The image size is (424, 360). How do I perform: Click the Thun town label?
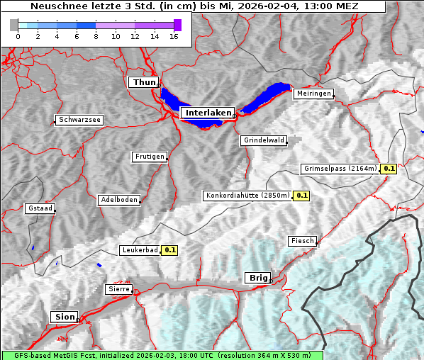(144, 83)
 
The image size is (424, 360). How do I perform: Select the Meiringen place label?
(313, 94)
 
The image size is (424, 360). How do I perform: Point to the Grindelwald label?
(264, 140)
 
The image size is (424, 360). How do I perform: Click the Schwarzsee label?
(79, 120)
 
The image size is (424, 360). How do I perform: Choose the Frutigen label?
(149, 157)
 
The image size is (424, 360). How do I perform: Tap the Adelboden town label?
(118, 200)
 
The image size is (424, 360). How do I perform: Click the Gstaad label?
(40, 208)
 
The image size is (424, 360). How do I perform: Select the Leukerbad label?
(140, 250)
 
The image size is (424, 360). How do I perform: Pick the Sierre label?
(118, 289)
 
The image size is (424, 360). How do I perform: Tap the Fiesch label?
(302, 241)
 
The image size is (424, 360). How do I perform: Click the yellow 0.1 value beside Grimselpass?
(389, 169)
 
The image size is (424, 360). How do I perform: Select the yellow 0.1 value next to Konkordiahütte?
(302, 196)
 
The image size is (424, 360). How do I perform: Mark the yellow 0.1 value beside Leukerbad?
(170, 250)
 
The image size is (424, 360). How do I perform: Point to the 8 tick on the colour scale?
(96, 35)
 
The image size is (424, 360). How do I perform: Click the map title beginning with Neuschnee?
(194, 6)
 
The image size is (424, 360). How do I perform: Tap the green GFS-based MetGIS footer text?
(162, 355)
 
